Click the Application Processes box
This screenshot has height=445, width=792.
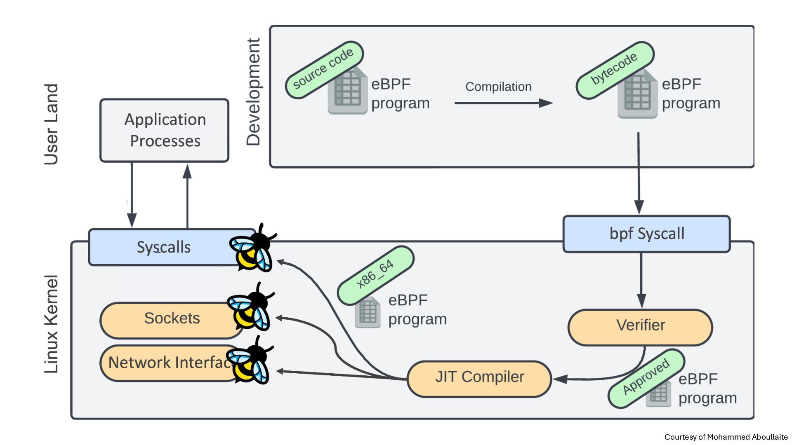point(164,130)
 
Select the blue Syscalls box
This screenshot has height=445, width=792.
point(163,247)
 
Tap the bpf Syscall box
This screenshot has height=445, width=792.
point(646,234)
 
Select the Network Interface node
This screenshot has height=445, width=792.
point(169,363)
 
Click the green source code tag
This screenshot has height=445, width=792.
point(324,70)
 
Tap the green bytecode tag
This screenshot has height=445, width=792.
point(615,70)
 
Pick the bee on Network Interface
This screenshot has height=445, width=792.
point(250,361)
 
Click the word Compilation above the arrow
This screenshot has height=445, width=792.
point(498,87)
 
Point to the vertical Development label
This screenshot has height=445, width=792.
point(253,92)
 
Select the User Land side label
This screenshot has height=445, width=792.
point(51,124)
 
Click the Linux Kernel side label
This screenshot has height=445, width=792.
point(51,324)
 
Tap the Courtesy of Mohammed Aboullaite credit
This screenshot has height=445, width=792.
point(726,437)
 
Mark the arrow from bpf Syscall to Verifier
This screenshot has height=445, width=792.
point(641,280)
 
